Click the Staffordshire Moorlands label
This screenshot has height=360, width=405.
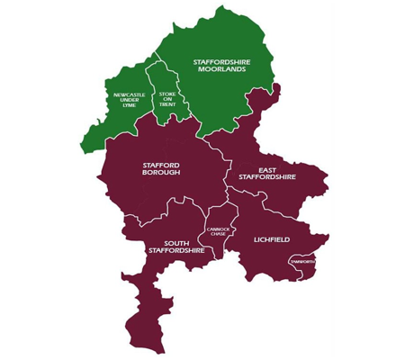click(220, 65)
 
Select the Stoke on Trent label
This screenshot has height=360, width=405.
click(167, 99)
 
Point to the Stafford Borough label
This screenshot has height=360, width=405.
click(162, 168)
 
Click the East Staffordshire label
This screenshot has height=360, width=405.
click(265, 175)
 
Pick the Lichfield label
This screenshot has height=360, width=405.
click(270, 240)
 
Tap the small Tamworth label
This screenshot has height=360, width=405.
click(302, 260)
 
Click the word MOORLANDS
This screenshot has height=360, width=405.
click(220, 69)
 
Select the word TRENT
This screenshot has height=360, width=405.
click(167, 105)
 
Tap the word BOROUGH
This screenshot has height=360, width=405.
click(162, 173)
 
